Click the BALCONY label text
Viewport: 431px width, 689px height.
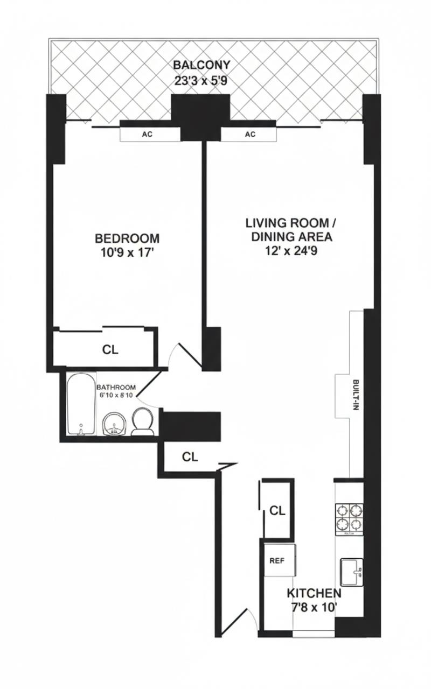click(201, 65)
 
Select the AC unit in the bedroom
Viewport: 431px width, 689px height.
click(147, 134)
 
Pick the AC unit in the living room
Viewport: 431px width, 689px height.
click(250, 134)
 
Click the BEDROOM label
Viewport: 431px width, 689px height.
click(127, 238)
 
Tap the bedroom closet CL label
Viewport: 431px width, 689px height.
click(110, 349)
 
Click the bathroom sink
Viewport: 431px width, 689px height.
click(114, 423)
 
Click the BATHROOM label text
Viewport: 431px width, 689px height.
click(116, 387)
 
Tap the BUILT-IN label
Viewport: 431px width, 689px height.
click(355, 396)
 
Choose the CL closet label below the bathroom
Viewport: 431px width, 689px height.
click(190, 458)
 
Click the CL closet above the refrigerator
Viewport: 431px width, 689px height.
click(277, 510)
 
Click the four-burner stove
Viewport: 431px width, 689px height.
click(349, 517)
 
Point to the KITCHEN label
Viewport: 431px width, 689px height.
click(314, 593)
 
